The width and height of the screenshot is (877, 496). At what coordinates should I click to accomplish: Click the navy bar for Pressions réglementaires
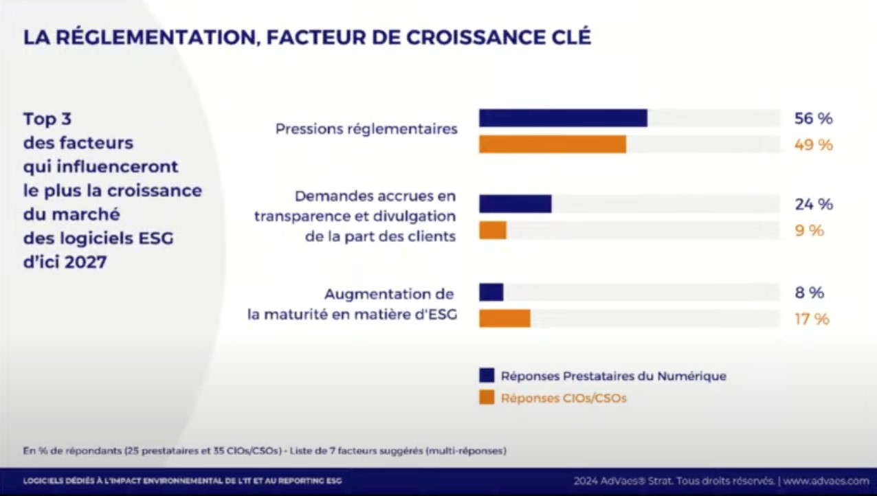click(x=563, y=118)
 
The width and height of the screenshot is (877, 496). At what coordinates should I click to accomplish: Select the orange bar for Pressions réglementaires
click(x=553, y=144)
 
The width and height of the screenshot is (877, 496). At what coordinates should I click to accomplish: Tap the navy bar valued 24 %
click(x=515, y=204)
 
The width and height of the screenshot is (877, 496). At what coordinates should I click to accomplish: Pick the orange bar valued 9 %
click(x=493, y=230)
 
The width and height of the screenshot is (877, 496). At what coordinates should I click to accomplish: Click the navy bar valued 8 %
click(x=491, y=293)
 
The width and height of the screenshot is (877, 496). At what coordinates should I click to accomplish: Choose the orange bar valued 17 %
click(x=504, y=319)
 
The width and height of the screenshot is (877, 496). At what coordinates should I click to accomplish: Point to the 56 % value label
click(x=813, y=118)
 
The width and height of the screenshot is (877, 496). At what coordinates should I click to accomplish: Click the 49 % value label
click(x=813, y=145)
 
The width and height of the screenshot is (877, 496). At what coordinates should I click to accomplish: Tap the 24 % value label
click(x=813, y=204)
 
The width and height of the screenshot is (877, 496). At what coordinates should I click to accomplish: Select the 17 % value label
click(x=812, y=319)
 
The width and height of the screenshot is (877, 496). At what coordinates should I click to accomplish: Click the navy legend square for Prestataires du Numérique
click(x=487, y=375)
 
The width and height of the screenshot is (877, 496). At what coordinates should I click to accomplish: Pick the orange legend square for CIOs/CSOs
click(x=487, y=398)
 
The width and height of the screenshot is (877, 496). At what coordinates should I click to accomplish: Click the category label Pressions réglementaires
click(x=366, y=128)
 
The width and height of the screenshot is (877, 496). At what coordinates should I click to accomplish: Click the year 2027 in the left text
click(x=86, y=262)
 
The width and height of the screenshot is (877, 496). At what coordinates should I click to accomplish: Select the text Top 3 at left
click(x=47, y=119)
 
